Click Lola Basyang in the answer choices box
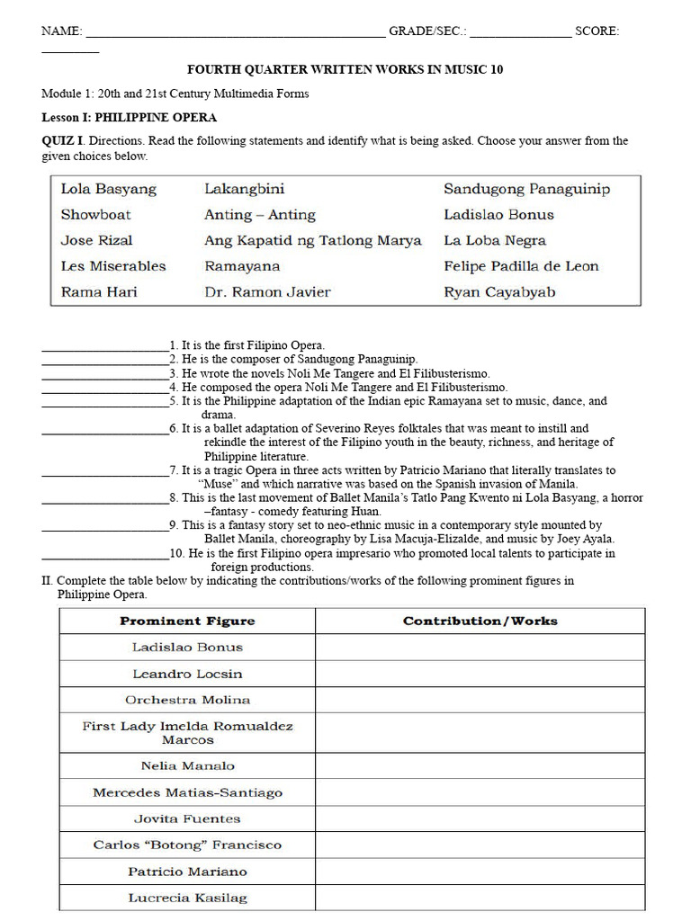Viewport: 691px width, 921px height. click(108, 189)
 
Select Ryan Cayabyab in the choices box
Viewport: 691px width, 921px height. click(499, 292)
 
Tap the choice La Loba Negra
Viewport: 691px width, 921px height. click(495, 241)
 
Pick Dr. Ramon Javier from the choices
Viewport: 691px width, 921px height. click(267, 292)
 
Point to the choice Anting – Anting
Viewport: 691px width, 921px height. click(260, 215)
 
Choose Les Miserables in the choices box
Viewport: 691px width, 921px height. click(113, 266)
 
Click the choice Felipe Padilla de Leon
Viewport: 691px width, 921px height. click(521, 266)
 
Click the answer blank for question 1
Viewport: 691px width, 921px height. click(105, 346)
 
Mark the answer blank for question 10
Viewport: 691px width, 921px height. click(105, 554)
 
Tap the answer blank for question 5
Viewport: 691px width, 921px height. click(105, 402)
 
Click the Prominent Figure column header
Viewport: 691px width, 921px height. click(187, 621)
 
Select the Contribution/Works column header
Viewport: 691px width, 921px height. click(480, 621)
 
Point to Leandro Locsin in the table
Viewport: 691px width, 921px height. click(187, 674)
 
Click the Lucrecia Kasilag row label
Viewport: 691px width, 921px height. click(187, 898)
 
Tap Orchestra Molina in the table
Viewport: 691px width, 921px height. click(187, 700)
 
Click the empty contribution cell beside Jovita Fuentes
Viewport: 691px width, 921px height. click(480, 819)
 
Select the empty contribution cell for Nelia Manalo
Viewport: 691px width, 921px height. click(480, 766)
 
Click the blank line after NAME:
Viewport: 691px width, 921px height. click(235, 32)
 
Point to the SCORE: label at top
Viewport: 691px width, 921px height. click(597, 31)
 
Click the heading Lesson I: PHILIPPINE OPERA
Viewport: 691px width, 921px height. click(130, 118)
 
